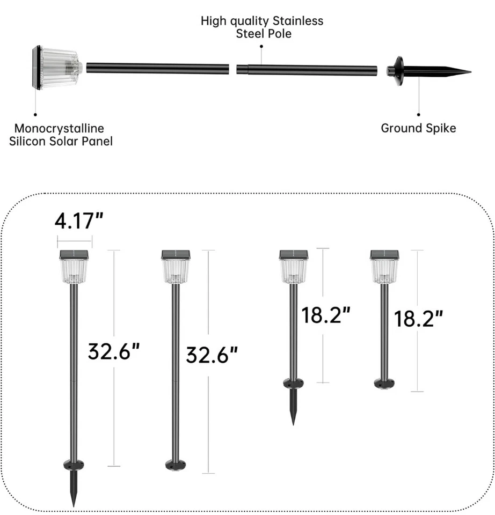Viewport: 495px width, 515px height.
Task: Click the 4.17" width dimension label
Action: (79, 219)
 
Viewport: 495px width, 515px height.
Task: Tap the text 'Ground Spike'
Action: (418, 128)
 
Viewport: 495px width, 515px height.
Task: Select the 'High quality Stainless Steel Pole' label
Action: (262, 27)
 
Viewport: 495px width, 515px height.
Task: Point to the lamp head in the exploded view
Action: (57, 68)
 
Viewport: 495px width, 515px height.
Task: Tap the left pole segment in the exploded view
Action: (158, 69)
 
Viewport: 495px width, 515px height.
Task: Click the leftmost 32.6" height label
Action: (114, 352)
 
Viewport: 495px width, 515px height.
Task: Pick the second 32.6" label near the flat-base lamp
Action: (212, 355)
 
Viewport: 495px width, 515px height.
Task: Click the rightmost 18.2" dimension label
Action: (419, 318)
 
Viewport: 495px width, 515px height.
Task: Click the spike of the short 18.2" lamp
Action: (293, 408)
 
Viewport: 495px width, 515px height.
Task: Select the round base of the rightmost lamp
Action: (384, 383)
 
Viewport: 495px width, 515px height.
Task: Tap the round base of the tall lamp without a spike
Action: (176, 465)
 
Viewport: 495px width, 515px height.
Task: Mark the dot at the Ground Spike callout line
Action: (419, 114)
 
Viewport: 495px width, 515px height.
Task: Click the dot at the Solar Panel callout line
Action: (35, 114)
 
